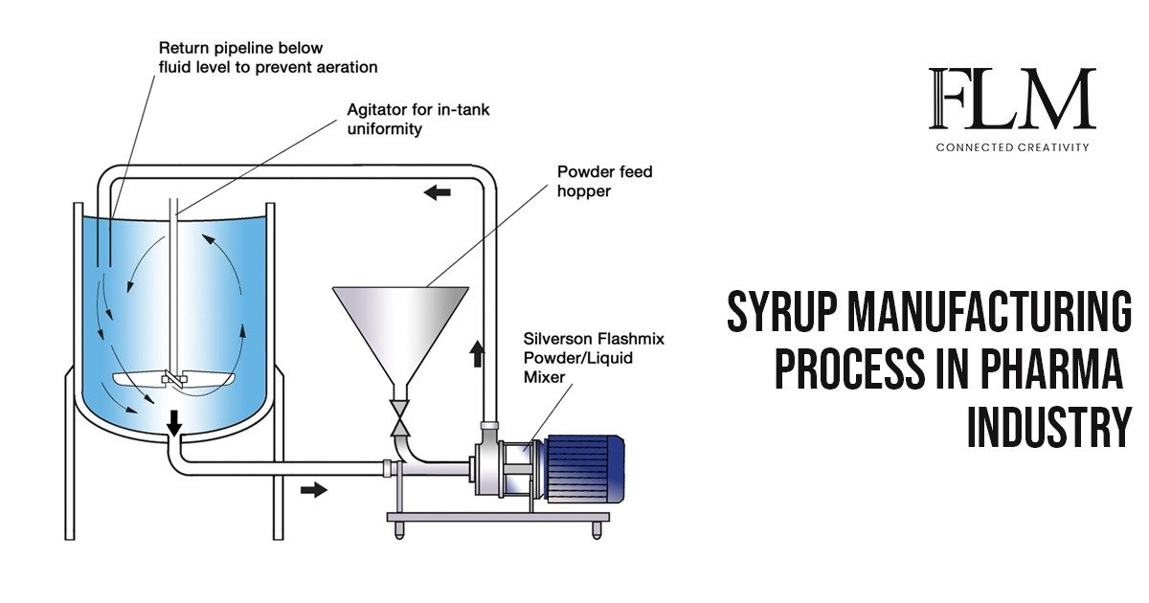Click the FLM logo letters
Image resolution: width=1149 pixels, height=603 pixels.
pos(1012,99)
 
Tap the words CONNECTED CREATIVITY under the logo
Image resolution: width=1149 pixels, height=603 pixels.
pos(1012,147)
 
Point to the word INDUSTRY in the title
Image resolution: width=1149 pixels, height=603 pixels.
pos(1048,426)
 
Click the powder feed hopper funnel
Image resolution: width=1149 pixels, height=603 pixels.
pos(400,325)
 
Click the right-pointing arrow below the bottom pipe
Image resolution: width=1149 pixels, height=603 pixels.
pos(313,490)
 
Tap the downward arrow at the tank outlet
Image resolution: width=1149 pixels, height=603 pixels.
pos(173,422)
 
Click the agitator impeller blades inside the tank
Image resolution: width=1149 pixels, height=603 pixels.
pos(172,380)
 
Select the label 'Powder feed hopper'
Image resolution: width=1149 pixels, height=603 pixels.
pos(604,181)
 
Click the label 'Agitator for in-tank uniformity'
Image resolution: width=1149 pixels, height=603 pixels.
pos(417,119)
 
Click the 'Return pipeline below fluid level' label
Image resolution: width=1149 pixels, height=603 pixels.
pos(268,57)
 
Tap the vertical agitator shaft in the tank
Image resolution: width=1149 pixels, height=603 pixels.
pos(173,287)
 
